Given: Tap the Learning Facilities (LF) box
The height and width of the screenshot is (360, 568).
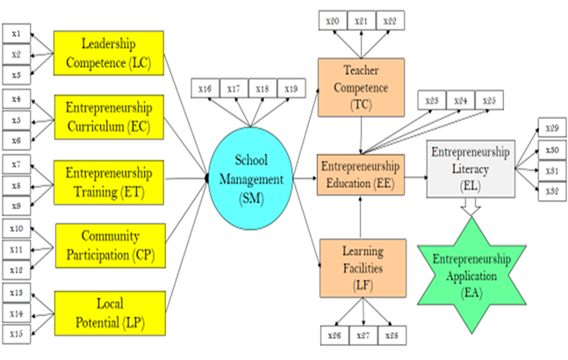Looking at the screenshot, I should pos(362,262).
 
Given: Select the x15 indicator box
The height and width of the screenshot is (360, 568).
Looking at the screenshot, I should pos(17,333).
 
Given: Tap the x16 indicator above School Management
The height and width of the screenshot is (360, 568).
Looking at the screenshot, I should pos(205,88).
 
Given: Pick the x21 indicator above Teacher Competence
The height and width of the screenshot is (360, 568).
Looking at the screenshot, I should pos(361,19).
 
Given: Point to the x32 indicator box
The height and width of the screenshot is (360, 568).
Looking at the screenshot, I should pos(552,191).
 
